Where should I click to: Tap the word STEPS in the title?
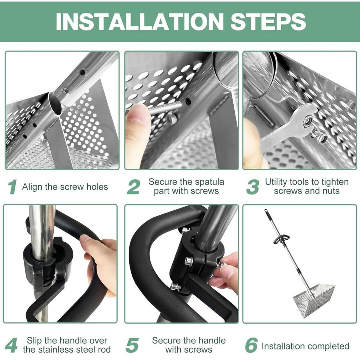pyautogui.click(x=268, y=21)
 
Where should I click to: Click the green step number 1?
pyautogui.click(x=12, y=187)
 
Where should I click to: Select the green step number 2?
pyautogui.click(x=133, y=187)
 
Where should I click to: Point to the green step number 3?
pyautogui.click(x=252, y=187)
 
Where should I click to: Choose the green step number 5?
pyautogui.click(x=132, y=345)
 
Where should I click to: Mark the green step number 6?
pyautogui.click(x=251, y=345)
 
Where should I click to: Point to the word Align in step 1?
pyautogui.click(x=32, y=187)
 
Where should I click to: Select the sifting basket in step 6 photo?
pyautogui.click(x=314, y=298)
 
